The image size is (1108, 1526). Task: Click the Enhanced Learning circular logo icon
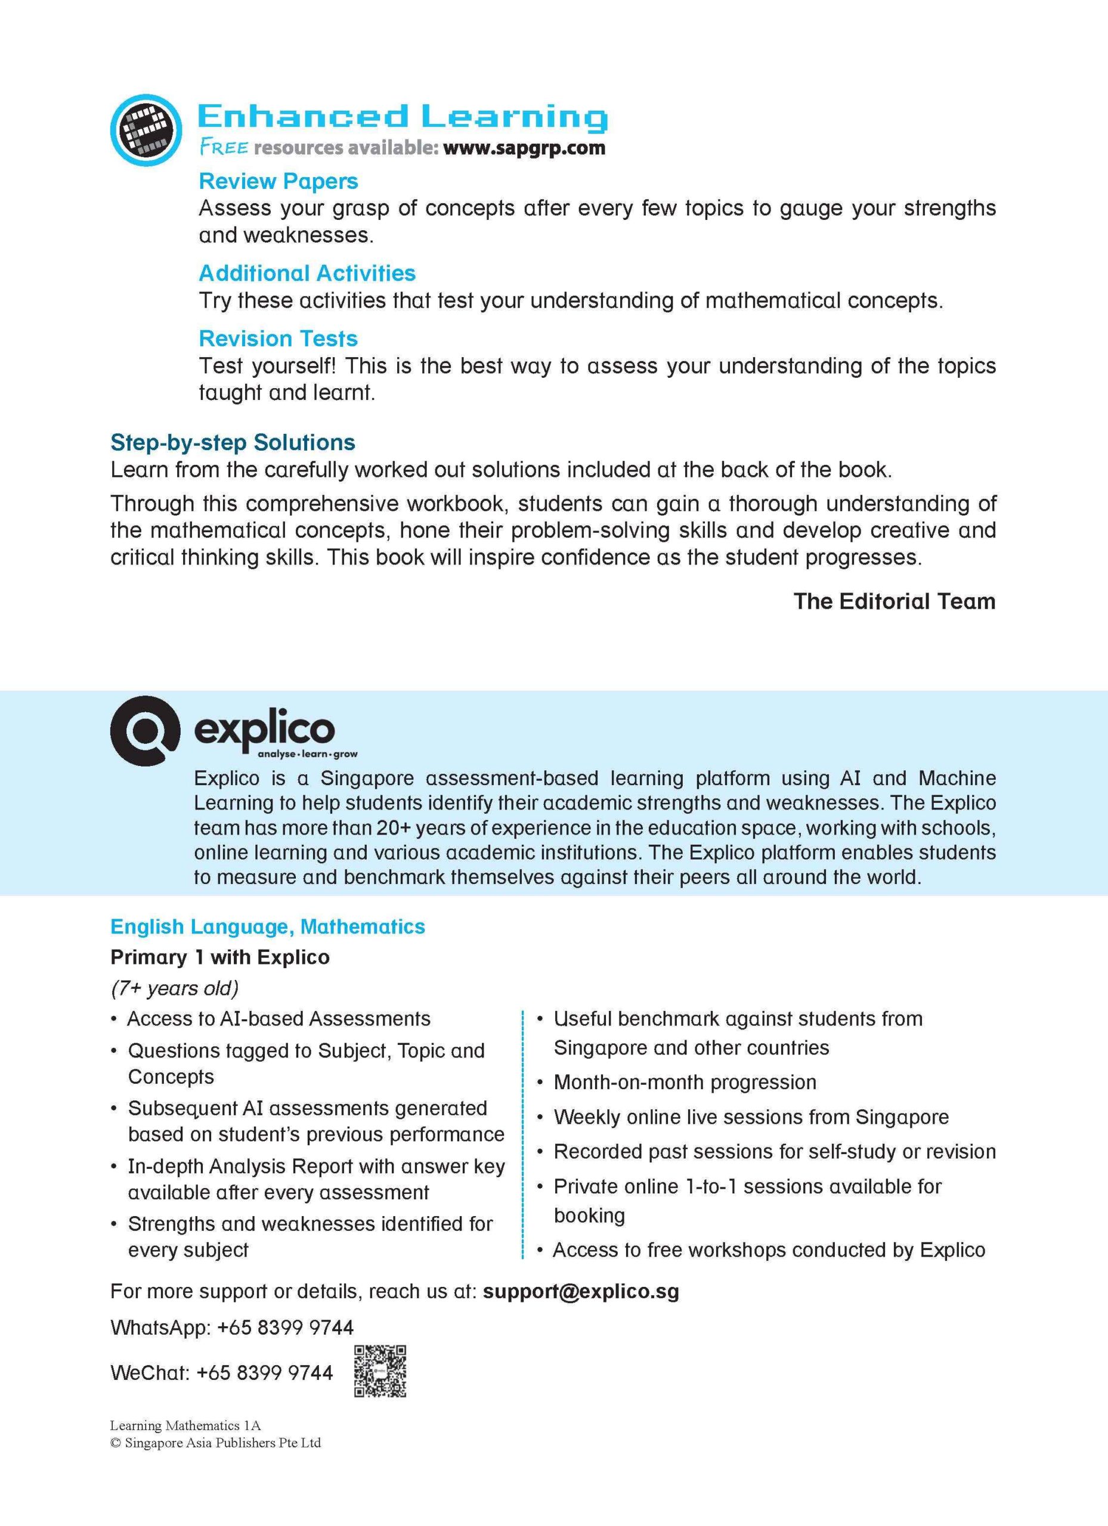[x=146, y=130]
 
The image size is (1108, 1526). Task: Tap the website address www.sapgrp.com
[x=524, y=148]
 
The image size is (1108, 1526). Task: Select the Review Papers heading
[x=278, y=181]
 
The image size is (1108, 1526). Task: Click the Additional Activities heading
[x=307, y=273]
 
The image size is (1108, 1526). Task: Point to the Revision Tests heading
[x=278, y=339]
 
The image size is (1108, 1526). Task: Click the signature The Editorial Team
[x=894, y=601]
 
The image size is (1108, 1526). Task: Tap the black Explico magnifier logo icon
[x=145, y=730]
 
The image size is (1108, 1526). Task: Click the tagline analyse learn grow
[x=308, y=754]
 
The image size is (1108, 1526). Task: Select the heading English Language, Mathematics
[x=267, y=926]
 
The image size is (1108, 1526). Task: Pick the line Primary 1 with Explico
[x=219, y=957]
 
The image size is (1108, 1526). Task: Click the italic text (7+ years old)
[x=174, y=988]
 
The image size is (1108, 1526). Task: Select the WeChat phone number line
[x=221, y=1373]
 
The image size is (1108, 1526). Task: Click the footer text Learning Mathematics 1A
[x=185, y=1425]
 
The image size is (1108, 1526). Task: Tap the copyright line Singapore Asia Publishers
[x=215, y=1443]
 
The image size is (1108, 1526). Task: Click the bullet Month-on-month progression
[x=685, y=1082]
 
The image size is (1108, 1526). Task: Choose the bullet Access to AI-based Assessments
[x=278, y=1019]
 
